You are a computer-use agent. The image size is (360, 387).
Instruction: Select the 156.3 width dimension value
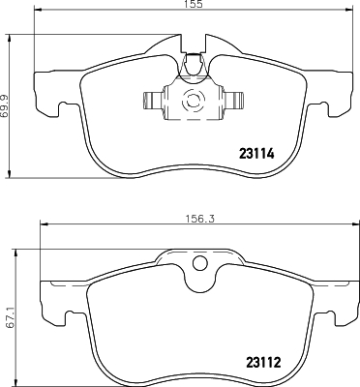click(x=200, y=219)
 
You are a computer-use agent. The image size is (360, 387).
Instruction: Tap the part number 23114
click(x=256, y=154)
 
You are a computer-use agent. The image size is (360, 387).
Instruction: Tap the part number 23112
click(x=263, y=363)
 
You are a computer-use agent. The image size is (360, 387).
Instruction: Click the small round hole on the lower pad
click(x=199, y=262)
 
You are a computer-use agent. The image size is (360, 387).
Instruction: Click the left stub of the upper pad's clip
click(x=154, y=101)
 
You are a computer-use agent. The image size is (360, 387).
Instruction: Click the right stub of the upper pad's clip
click(x=232, y=101)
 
